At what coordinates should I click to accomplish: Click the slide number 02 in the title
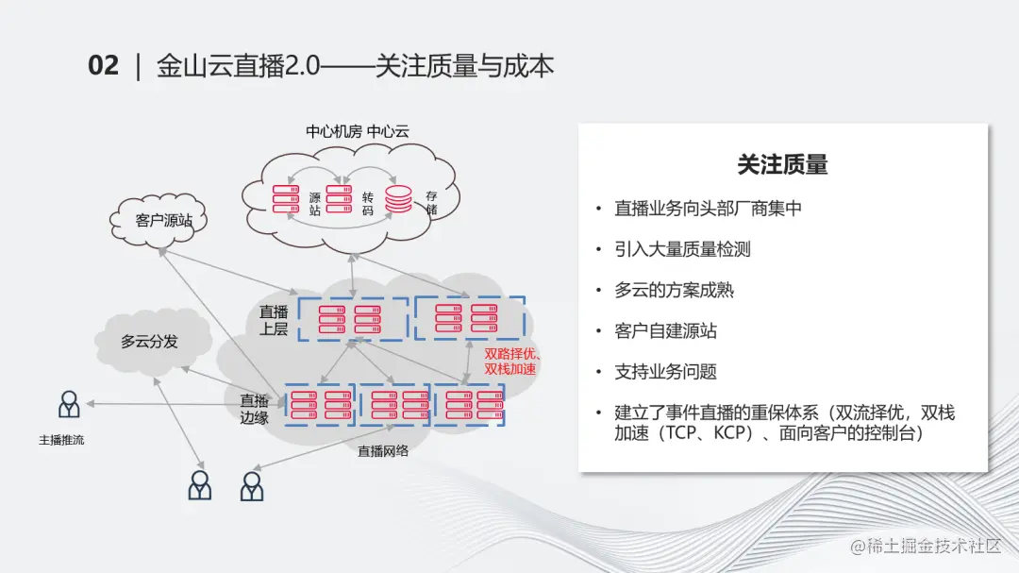pyautogui.click(x=104, y=65)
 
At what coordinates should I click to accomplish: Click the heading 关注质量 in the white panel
pyautogui.click(x=782, y=165)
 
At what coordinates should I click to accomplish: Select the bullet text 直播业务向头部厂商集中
pyautogui.click(x=708, y=209)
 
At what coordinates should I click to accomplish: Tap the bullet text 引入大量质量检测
pyautogui.click(x=682, y=249)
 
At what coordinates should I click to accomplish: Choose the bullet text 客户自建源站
pyautogui.click(x=665, y=330)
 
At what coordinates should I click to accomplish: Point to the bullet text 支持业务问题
pyautogui.click(x=665, y=372)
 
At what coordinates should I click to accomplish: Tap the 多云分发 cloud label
pyautogui.click(x=149, y=342)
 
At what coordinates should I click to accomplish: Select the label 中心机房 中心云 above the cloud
pyautogui.click(x=357, y=131)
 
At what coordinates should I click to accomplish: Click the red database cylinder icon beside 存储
pyautogui.click(x=398, y=199)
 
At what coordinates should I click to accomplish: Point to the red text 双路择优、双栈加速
pyautogui.click(x=510, y=362)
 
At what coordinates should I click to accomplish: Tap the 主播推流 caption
pyautogui.click(x=61, y=440)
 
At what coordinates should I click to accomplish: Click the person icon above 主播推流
pyautogui.click(x=69, y=404)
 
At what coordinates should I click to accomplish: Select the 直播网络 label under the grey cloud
pyautogui.click(x=383, y=451)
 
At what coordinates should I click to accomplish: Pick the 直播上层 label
pyautogui.click(x=274, y=320)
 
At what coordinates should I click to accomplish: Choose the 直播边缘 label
pyautogui.click(x=254, y=408)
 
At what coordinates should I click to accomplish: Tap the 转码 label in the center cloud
pyautogui.click(x=368, y=204)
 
